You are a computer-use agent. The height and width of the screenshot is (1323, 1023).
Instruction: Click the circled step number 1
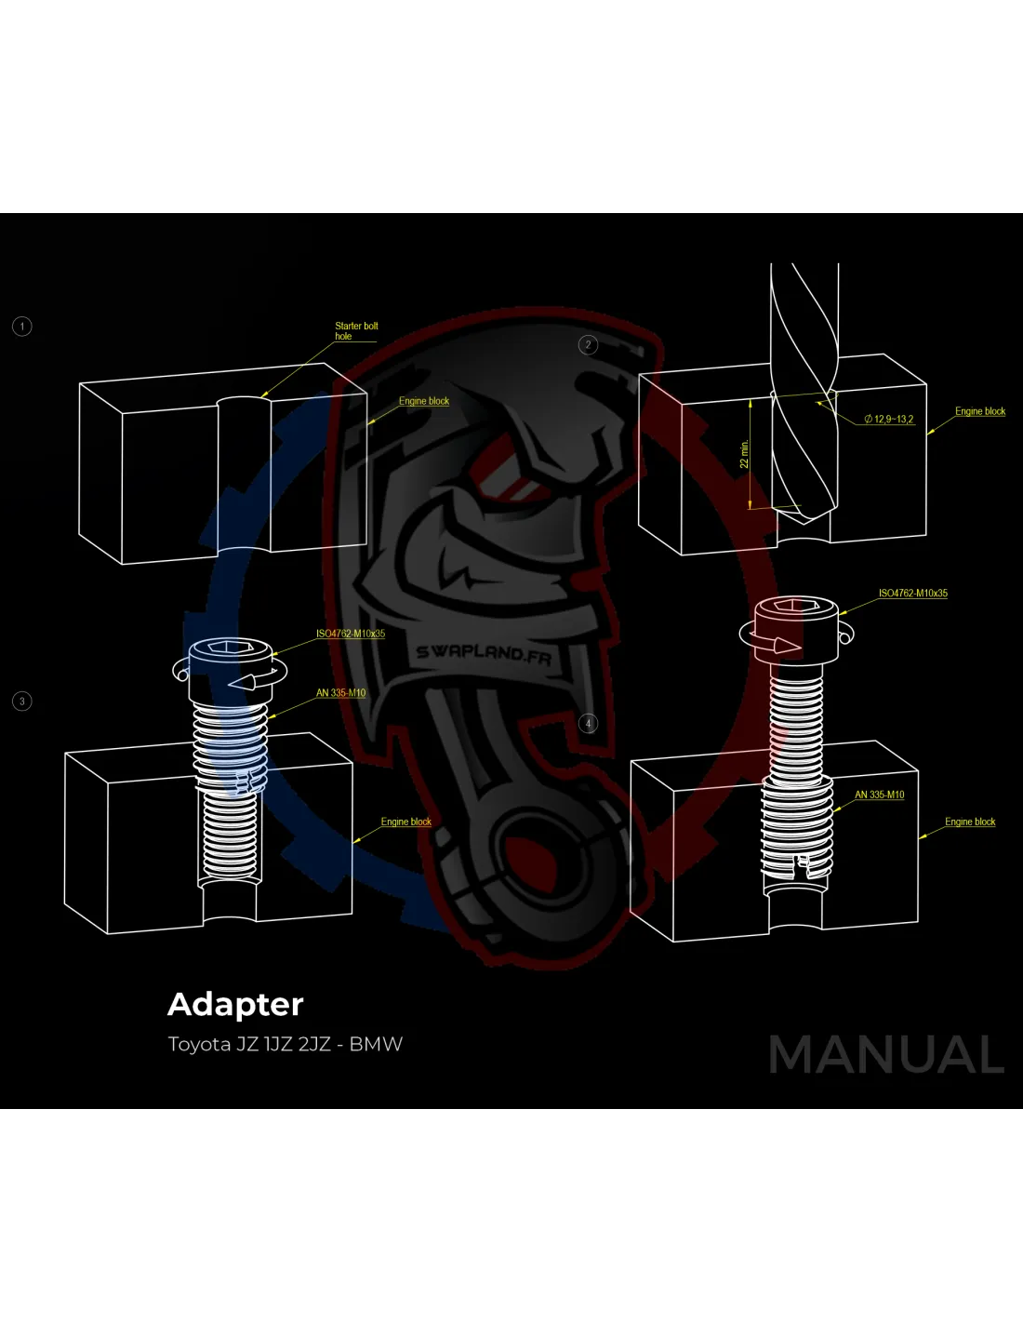click(22, 327)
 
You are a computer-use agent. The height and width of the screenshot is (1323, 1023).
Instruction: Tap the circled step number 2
click(588, 345)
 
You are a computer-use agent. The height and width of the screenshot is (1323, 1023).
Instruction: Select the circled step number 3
click(22, 702)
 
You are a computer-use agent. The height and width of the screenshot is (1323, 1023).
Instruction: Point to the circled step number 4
click(588, 724)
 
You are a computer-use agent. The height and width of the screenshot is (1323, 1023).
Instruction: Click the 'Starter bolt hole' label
click(356, 331)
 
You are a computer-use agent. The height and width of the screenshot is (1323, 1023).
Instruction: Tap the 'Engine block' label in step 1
click(424, 402)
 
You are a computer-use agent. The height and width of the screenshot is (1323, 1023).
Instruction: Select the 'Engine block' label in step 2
click(980, 411)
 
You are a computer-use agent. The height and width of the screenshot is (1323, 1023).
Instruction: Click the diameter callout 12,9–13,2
click(890, 420)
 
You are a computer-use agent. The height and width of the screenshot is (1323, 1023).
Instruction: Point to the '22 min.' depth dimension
click(744, 455)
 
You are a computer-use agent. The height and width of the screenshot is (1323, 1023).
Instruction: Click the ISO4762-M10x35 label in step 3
click(351, 635)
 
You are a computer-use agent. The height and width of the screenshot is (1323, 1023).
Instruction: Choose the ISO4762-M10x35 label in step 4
click(913, 594)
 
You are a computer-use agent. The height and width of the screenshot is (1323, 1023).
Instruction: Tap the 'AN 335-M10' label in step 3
click(340, 693)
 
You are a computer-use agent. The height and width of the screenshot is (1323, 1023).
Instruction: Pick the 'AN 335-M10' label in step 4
click(880, 795)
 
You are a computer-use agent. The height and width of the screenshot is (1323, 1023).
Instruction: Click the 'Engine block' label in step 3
click(406, 822)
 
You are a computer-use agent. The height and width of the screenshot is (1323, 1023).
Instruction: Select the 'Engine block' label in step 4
click(970, 822)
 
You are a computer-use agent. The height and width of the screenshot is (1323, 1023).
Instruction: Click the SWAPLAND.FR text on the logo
click(484, 653)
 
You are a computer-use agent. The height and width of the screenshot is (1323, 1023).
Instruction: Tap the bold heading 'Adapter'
click(235, 1005)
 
